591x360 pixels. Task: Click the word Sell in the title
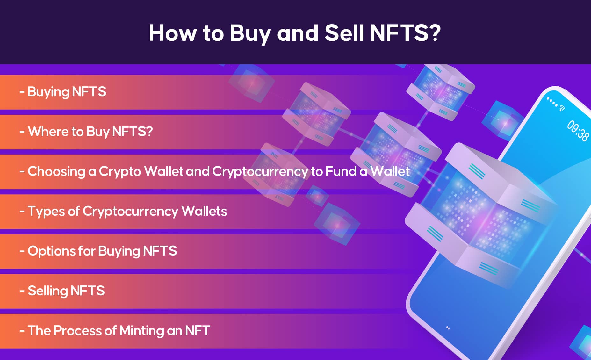pyautogui.click(x=344, y=33)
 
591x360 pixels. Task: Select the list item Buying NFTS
pyautogui.click(x=63, y=92)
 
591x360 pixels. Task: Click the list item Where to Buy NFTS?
pyautogui.click(x=86, y=132)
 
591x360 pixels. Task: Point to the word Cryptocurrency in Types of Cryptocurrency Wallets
pyautogui.click(x=130, y=212)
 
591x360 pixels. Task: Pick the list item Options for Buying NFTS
pyautogui.click(x=98, y=251)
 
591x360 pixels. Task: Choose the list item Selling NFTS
pyautogui.click(x=62, y=291)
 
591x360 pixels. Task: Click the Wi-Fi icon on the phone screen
pyautogui.click(x=562, y=108)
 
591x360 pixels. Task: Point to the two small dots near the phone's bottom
pyautogui.click(x=448, y=328)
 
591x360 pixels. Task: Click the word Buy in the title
pyautogui.click(x=250, y=33)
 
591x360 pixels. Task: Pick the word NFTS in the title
pyautogui.click(x=400, y=33)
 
